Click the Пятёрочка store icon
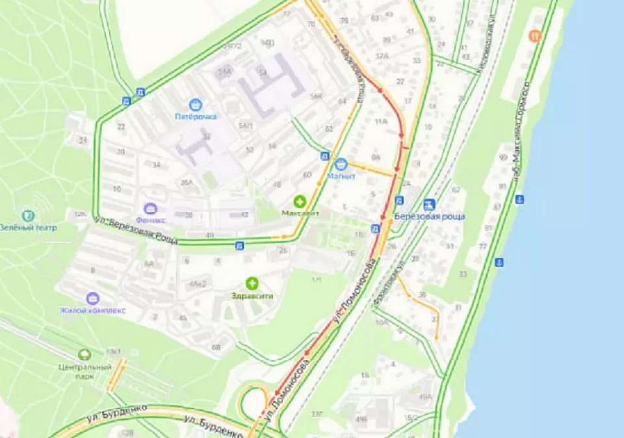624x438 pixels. pos(195,104)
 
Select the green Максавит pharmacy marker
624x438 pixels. pos(300,201)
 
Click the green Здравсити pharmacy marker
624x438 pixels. pos(252,283)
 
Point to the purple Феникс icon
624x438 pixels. pos(151,209)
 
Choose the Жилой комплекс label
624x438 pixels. pos(92,310)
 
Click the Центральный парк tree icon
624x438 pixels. pos(84,355)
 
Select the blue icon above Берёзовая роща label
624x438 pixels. pos(428,204)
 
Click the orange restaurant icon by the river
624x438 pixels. pos(536,36)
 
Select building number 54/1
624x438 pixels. pos(246,125)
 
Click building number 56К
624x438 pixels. pos(317,97)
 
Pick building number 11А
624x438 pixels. pos(381,121)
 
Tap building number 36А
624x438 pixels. pos(187,183)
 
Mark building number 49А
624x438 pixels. pos(425,396)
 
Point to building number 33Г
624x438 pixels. pos(317,413)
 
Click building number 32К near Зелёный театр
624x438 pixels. pos(80,213)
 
